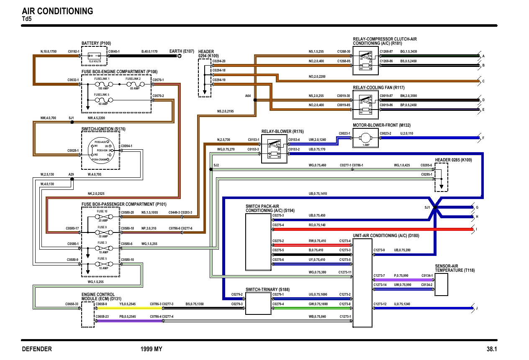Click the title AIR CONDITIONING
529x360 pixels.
pyautogui.click(x=57, y=11)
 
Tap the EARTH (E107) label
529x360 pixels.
pyautogui.click(x=182, y=51)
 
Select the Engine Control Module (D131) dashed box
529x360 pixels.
pyautogui.click(x=88, y=314)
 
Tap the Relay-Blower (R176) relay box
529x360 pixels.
pyautogui.click(x=274, y=148)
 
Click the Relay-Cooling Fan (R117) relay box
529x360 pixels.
pyautogui.click(x=365, y=103)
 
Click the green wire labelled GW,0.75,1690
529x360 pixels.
pyautogui.click(x=312, y=307)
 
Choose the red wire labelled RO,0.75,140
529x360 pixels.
pyautogui.click(x=372, y=229)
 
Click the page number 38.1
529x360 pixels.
pyautogui.click(x=491, y=349)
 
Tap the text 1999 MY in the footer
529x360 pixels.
pyautogui.click(x=151, y=349)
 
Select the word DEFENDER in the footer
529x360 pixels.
pyautogui.click(x=37, y=349)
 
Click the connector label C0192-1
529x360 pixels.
pyautogui.click(x=74, y=51)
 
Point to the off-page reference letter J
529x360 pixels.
pyautogui.click(x=477, y=309)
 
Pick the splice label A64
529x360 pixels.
pyautogui.click(x=248, y=96)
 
